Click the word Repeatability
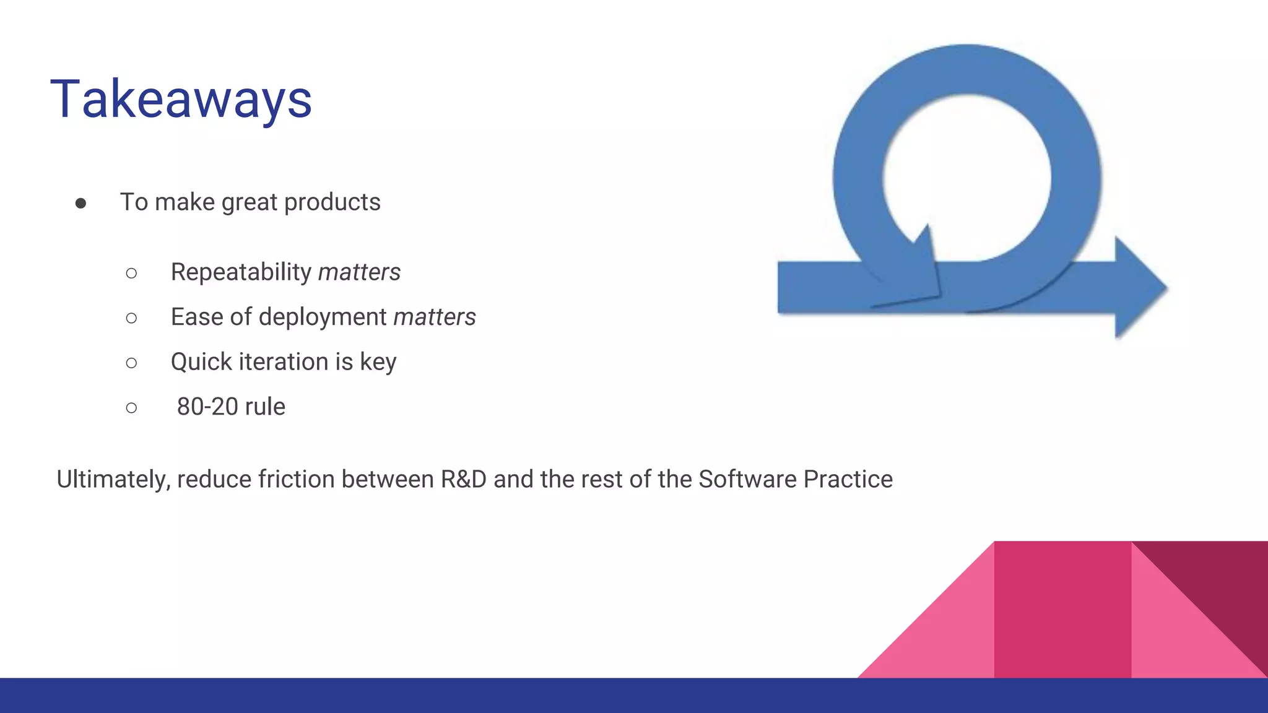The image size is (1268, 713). (x=241, y=272)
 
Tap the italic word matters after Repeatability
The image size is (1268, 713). (x=359, y=272)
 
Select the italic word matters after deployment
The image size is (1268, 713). (x=435, y=317)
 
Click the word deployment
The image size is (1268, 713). (x=323, y=317)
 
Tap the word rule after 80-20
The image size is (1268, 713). (x=265, y=407)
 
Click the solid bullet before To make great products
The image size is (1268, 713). (x=80, y=203)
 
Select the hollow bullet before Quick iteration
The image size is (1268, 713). (x=131, y=363)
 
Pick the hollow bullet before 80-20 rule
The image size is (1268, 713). (x=131, y=407)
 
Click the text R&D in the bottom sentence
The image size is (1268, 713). (x=463, y=479)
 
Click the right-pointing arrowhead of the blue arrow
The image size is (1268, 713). (x=1139, y=288)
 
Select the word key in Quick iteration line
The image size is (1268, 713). (x=378, y=363)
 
